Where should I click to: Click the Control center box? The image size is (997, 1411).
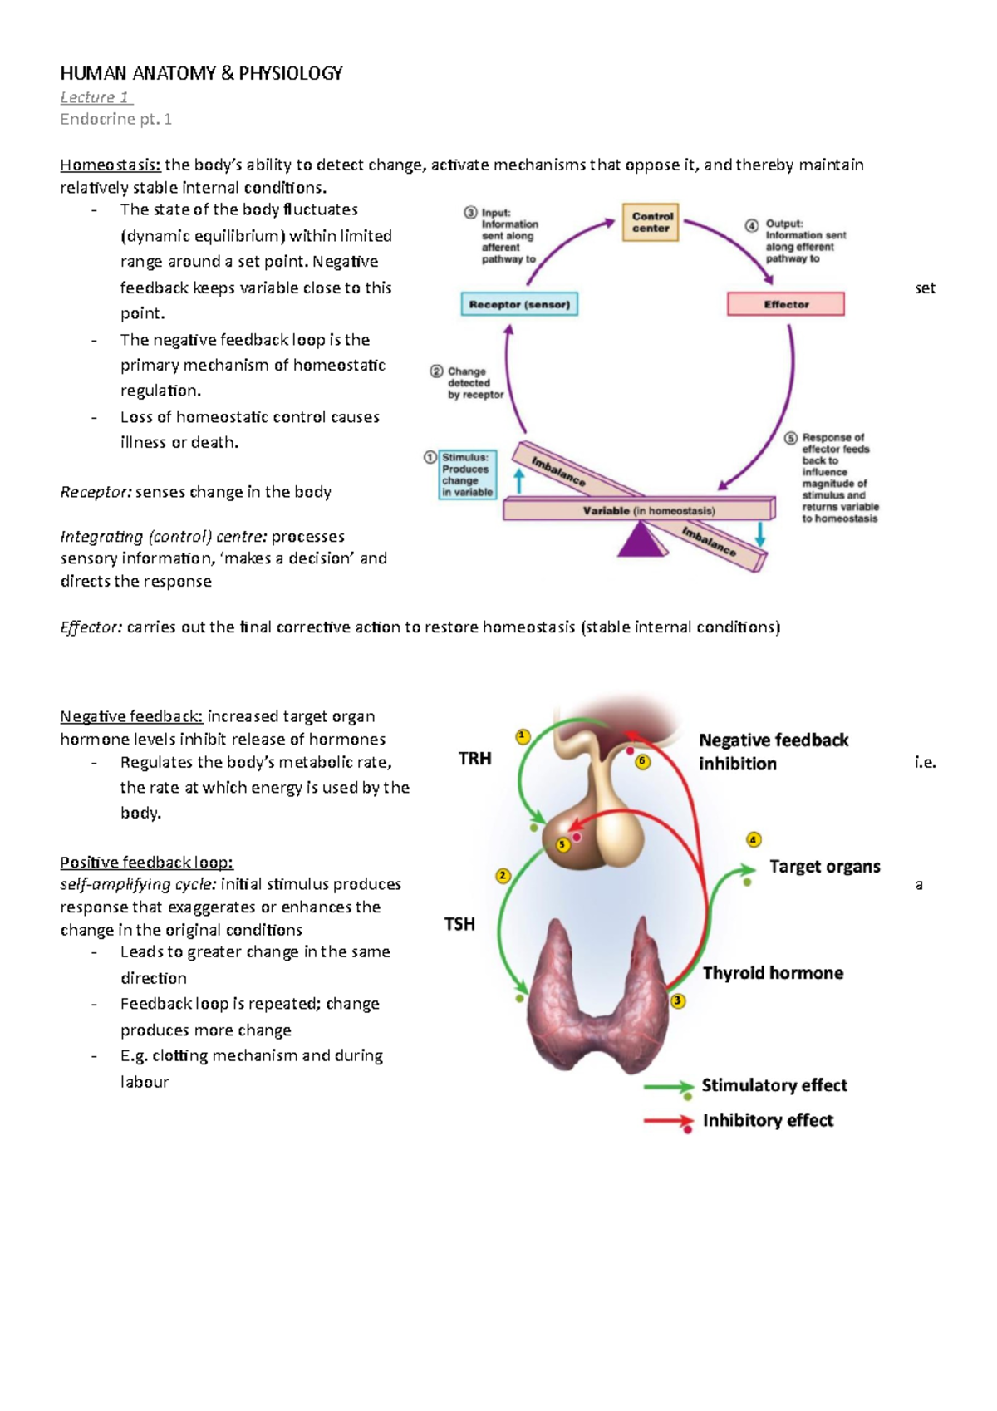651,222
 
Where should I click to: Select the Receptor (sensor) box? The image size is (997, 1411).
519,304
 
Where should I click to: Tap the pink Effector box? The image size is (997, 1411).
785,304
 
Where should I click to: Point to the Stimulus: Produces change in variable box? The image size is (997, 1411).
467,474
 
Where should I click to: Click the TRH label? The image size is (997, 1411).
474,758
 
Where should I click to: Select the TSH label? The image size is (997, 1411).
459,923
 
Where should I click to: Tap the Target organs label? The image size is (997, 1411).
824,866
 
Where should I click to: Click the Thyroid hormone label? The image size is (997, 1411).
773,972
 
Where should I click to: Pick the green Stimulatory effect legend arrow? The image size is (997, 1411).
668,1087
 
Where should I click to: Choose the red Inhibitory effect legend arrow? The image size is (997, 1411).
668,1122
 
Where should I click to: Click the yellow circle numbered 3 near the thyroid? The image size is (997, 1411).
678,1000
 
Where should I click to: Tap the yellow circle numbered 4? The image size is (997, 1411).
754,839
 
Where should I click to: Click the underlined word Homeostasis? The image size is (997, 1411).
110,165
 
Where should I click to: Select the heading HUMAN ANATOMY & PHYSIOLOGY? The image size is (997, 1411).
201,73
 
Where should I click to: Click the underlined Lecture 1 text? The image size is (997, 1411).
96,97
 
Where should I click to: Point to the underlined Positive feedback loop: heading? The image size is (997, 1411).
146,862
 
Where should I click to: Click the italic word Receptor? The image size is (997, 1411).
96,492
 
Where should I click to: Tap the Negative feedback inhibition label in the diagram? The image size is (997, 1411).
773,751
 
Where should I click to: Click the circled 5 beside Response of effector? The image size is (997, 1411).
790,438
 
